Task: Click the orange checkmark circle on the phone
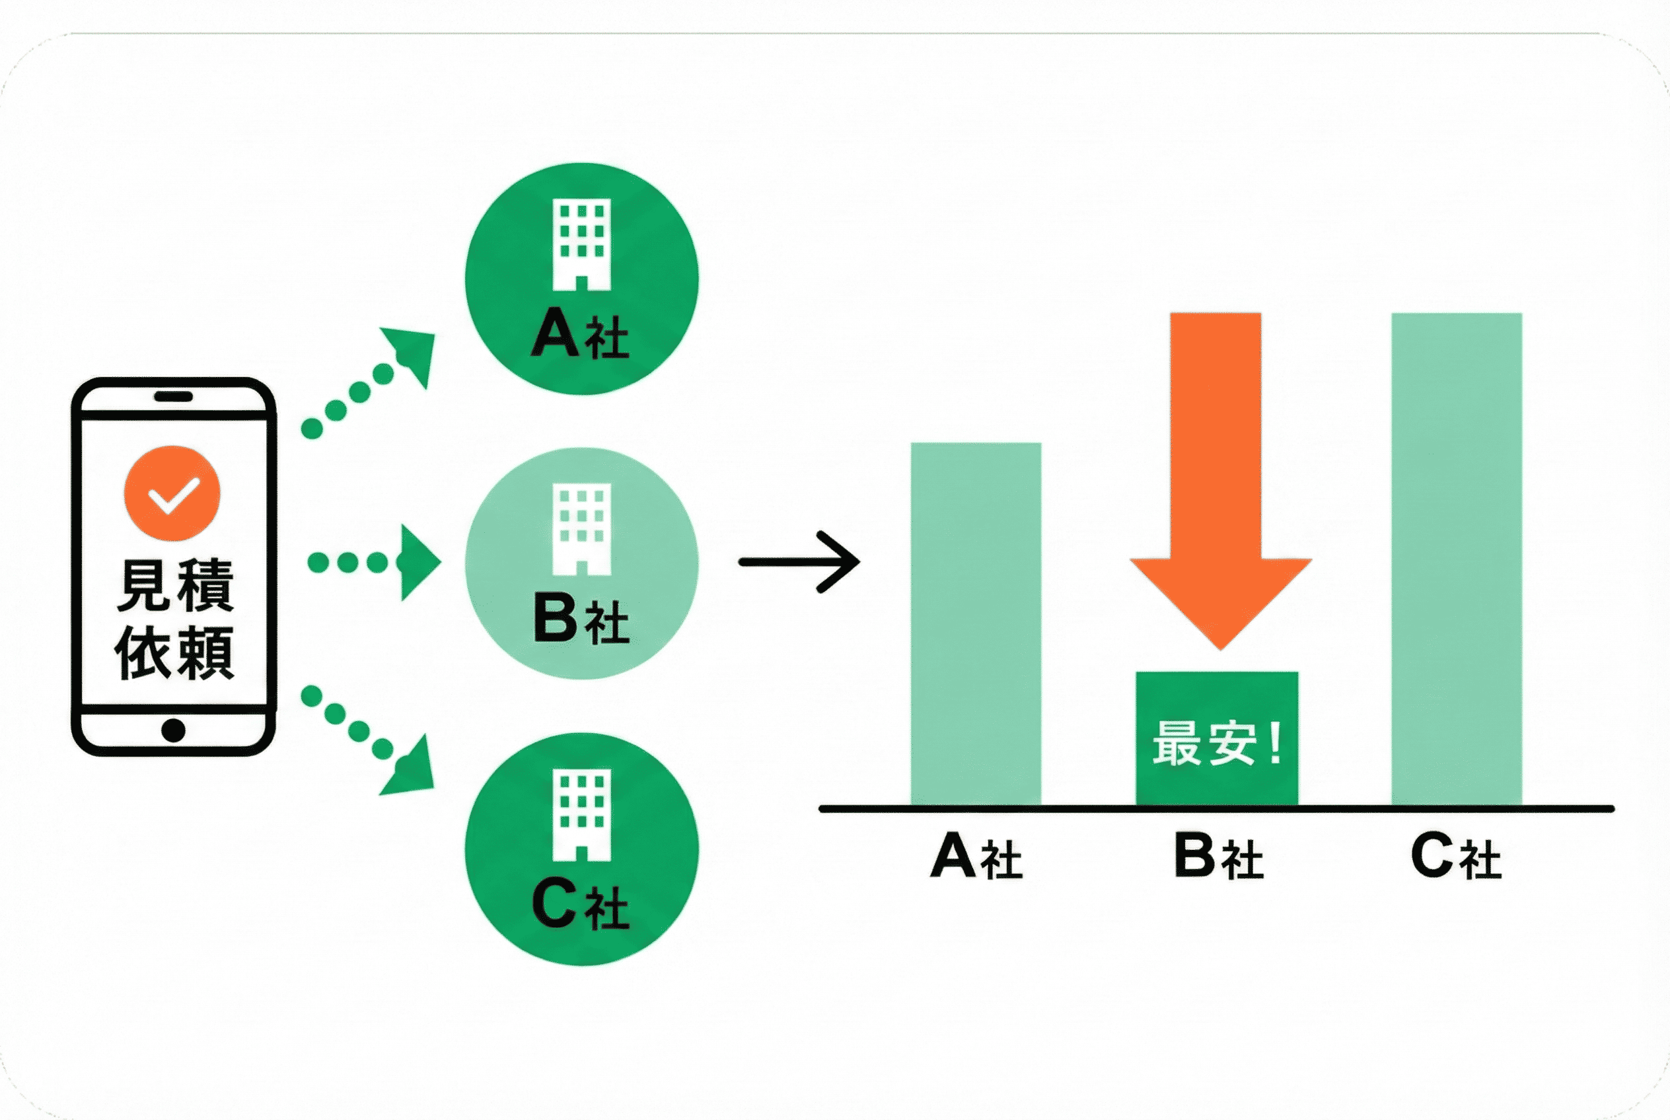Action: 172,493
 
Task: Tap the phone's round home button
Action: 174,730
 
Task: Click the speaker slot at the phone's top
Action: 174,396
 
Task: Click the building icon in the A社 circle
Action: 582,244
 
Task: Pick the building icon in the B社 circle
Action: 582,529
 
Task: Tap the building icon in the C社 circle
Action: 582,815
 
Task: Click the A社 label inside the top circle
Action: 580,333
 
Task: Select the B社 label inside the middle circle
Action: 581,619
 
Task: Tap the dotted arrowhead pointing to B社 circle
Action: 420,562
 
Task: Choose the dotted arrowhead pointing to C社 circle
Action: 411,768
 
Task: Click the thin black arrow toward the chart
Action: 799,562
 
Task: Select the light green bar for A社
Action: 976,624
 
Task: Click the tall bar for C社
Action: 1457,559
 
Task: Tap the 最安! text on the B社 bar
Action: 1217,744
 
